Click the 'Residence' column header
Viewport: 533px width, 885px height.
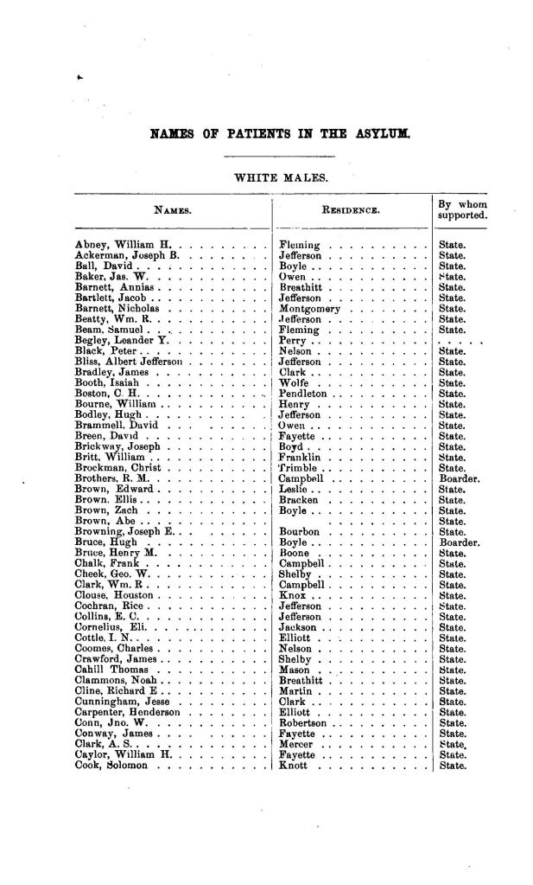tap(350, 209)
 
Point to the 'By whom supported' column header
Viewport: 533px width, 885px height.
tap(463, 209)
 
